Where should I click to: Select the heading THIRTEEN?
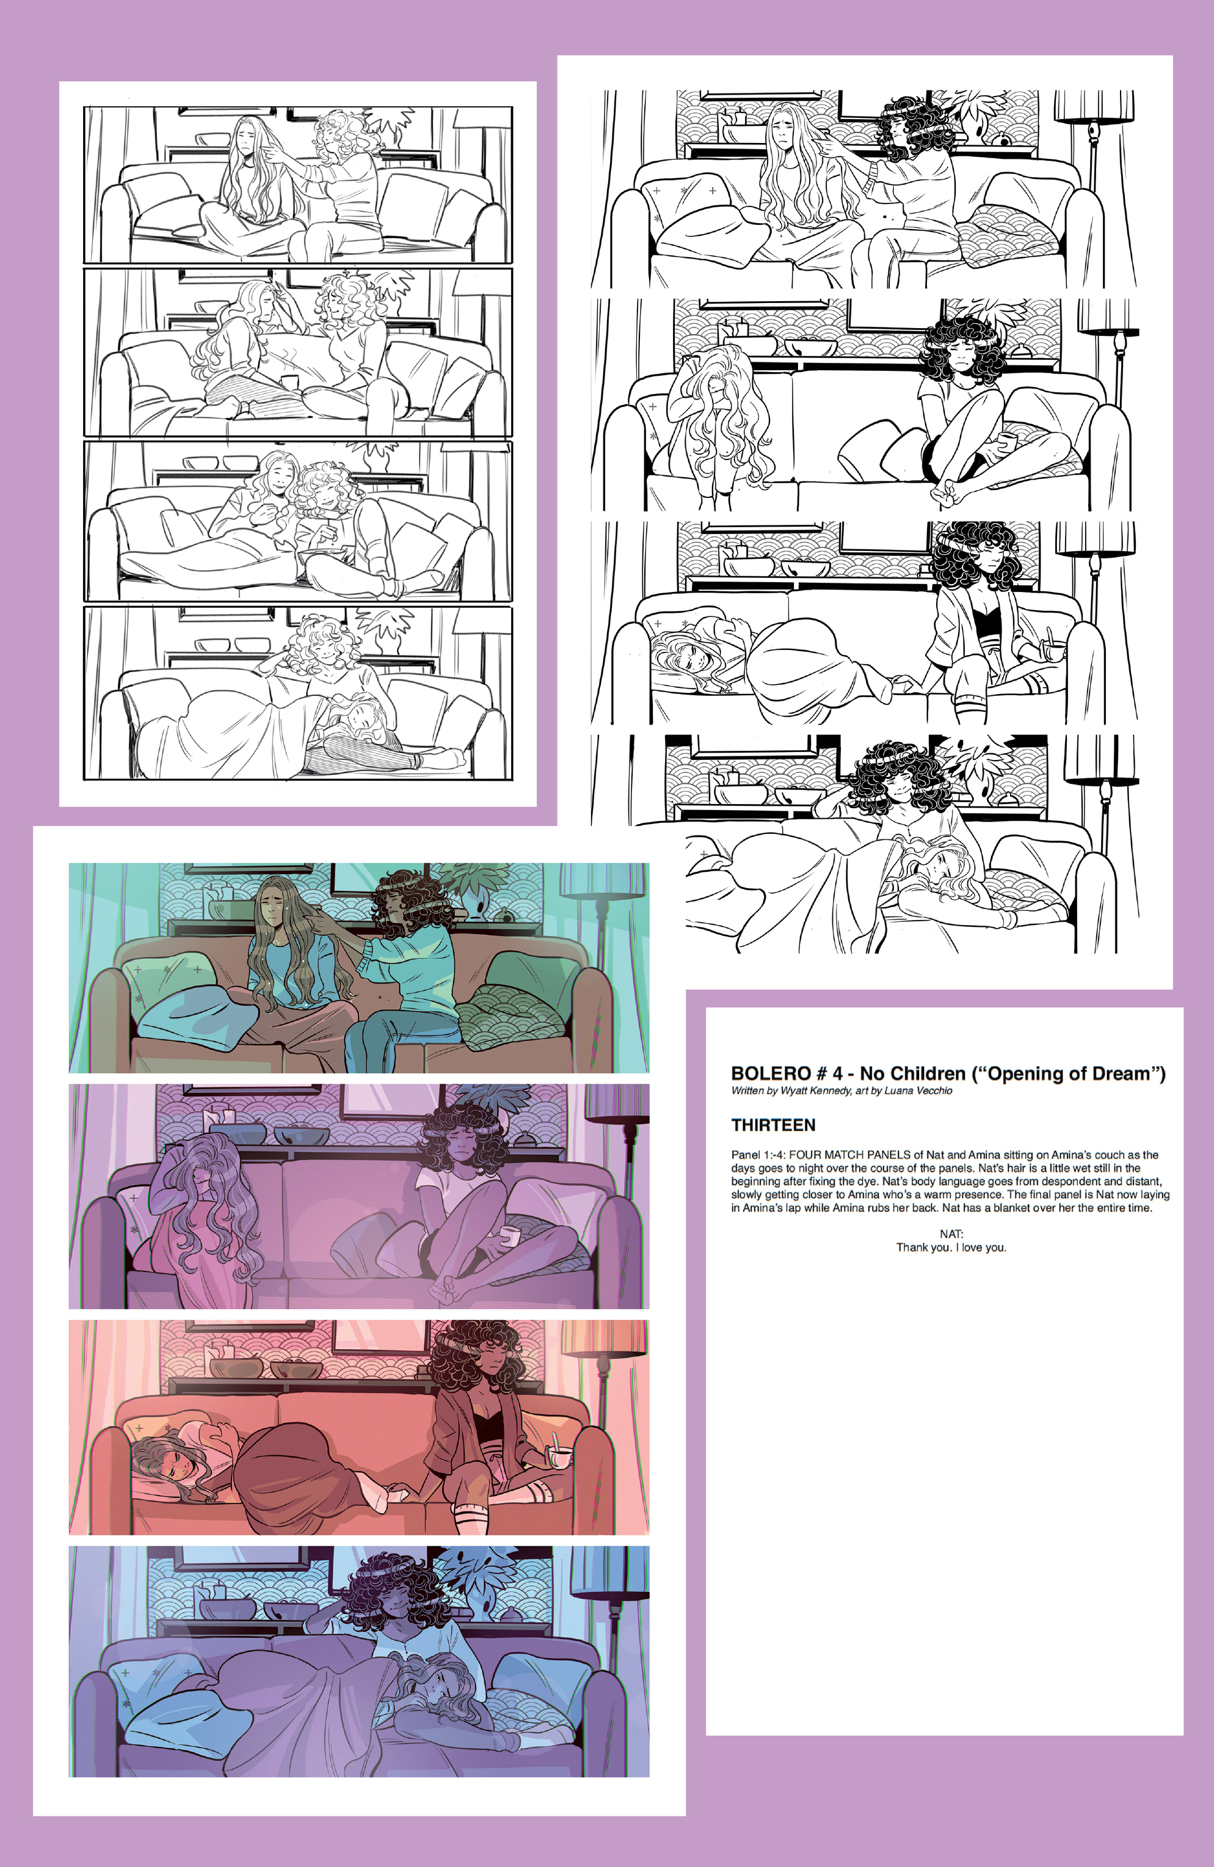click(x=772, y=1125)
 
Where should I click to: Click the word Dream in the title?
click(x=1124, y=1073)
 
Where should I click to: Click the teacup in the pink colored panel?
click(x=560, y=1456)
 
